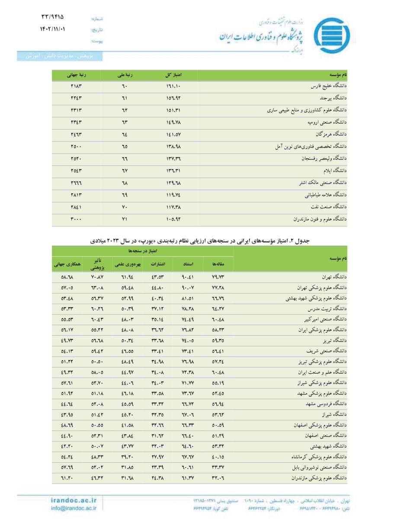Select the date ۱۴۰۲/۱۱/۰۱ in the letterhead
coord(53,30)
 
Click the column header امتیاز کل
coord(173,75)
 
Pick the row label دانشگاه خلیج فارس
coord(330,86)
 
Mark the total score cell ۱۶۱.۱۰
coord(173,86)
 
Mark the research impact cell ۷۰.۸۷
coord(96,276)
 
